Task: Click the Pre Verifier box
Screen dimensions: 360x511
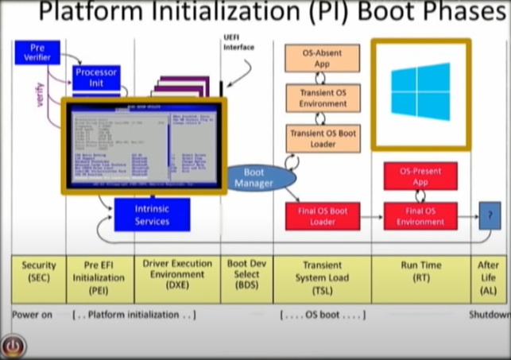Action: pos(37,52)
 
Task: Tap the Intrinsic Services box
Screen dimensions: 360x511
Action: pos(152,215)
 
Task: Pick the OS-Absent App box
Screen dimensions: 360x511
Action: pos(322,58)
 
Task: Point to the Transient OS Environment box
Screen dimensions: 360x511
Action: pos(322,98)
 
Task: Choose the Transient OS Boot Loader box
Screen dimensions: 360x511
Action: pos(322,138)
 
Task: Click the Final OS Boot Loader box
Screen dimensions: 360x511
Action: pos(322,216)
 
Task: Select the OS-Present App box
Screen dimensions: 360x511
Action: pos(420,176)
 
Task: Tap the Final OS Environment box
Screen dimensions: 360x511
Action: pos(420,216)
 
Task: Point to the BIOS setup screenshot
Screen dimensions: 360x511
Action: pos(144,146)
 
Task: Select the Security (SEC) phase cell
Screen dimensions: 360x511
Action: pos(38,278)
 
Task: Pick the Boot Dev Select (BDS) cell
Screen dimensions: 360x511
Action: pos(246,278)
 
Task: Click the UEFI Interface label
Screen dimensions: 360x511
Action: pos(238,42)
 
